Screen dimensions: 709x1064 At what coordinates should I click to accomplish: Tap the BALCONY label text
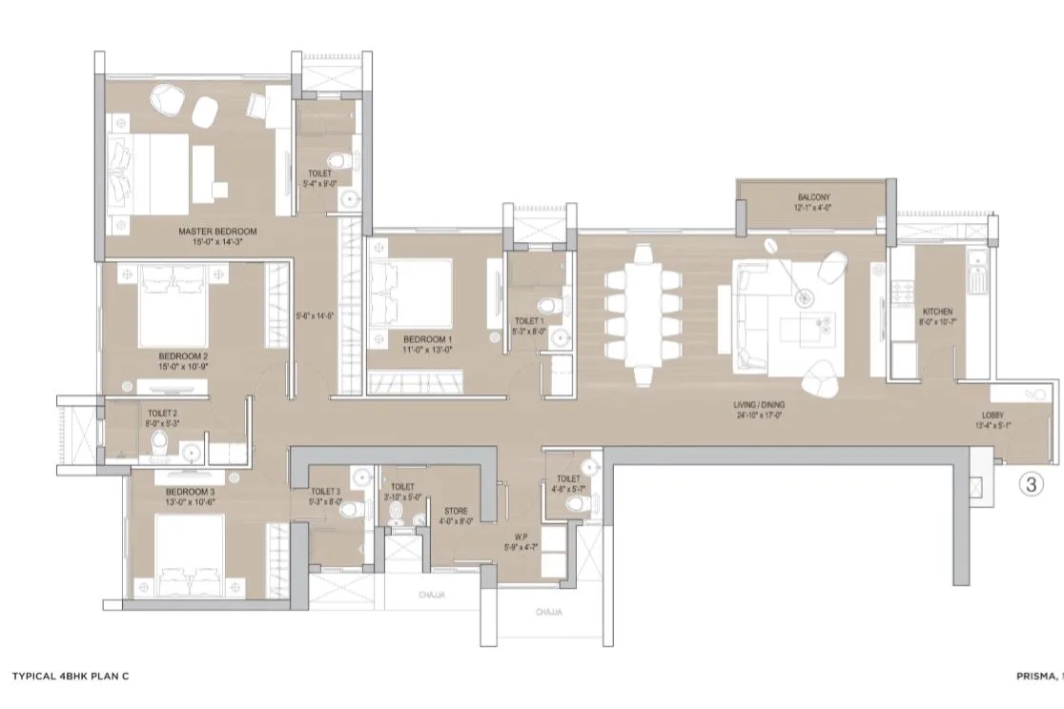click(815, 198)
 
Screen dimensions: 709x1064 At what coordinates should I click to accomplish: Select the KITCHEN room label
click(937, 312)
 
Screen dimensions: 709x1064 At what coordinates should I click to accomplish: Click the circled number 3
click(1030, 484)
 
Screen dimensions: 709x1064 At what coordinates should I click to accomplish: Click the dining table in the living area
click(643, 305)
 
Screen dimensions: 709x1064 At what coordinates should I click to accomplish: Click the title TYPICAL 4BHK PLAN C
click(70, 676)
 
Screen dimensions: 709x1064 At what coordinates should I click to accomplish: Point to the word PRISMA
click(1036, 676)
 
